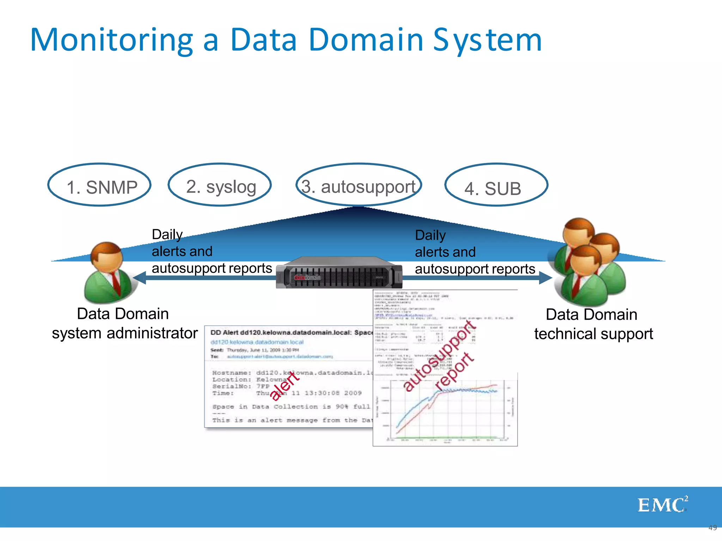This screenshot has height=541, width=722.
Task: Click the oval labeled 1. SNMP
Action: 99,185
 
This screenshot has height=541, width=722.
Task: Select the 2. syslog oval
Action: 220,185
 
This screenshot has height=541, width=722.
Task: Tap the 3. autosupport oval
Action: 359,185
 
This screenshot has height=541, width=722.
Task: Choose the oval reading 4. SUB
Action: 496,185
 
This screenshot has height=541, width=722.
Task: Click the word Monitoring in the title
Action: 111,41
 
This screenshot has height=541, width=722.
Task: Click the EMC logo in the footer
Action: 662,505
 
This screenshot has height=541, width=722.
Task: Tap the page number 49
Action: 712,528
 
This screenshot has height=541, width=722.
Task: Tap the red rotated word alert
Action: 284,386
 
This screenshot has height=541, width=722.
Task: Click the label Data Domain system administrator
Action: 124,323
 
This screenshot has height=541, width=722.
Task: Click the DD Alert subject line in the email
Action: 291,332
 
